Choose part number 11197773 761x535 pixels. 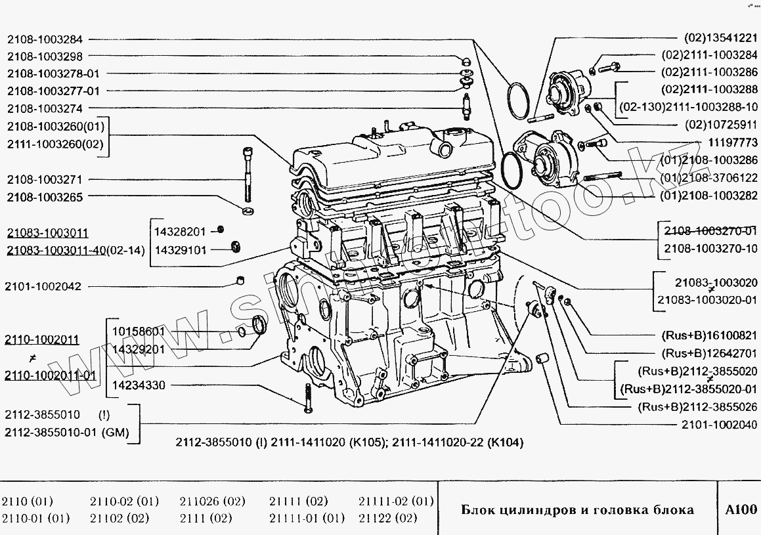point(731,142)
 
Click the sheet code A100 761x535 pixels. point(741,509)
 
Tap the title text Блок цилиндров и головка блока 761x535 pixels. point(577,510)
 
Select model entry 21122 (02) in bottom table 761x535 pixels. point(388,518)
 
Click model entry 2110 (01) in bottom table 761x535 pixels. point(28,501)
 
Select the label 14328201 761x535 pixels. point(180,231)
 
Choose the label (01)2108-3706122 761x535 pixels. point(709,177)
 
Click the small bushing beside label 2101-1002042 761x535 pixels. point(241,282)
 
